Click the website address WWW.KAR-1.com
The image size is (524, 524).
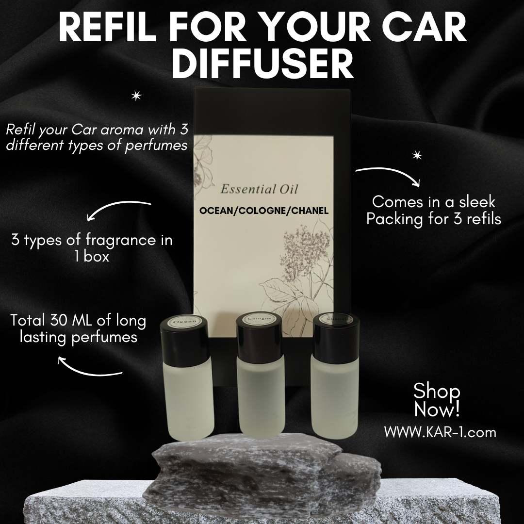(440, 432)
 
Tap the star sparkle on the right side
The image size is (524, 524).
(417, 156)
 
